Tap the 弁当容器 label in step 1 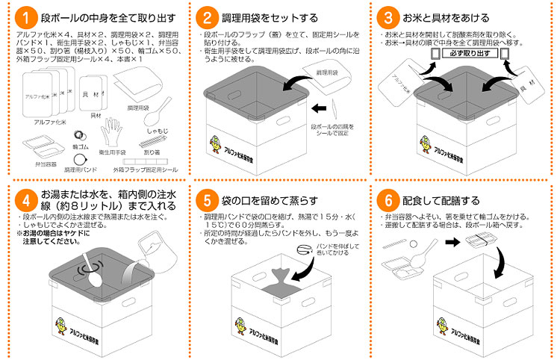(x=36, y=161)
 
